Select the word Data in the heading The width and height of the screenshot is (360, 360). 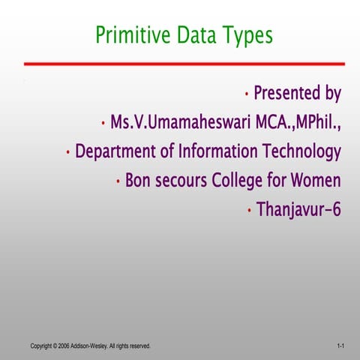(x=192, y=35)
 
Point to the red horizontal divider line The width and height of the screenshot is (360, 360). (x=184, y=64)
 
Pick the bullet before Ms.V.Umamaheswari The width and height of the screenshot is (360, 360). (x=103, y=123)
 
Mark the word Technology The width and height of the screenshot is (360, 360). (x=301, y=151)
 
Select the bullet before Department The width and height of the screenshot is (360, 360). (x=68, y=153)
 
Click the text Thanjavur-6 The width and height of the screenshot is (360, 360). (x=298, y=209)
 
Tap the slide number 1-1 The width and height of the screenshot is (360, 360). (x=340, y=346)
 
